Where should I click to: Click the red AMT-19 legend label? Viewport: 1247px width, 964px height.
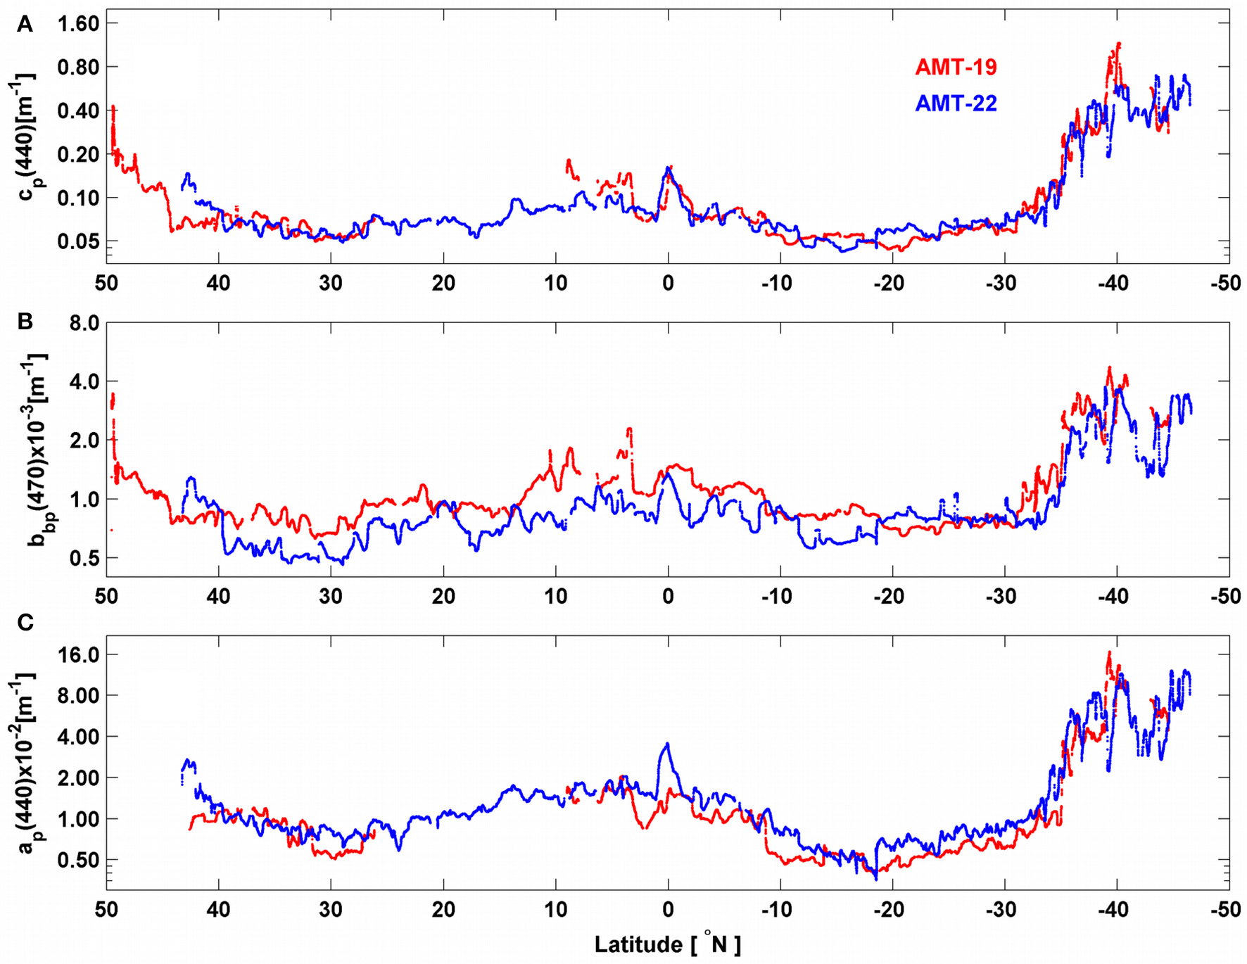tap(956, 68)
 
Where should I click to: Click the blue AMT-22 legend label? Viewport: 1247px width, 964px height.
tap(956, 104)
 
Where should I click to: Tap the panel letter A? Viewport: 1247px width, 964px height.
tap(25, 25)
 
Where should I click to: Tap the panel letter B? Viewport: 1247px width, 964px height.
tap(25, 322)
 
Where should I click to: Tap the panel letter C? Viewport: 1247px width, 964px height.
tap(25, 623)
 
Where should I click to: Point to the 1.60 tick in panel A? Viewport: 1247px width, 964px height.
tap(77, 24)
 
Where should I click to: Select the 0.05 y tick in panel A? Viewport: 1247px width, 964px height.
tap(77, 241)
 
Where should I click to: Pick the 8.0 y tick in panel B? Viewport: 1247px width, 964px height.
tap(82, 323)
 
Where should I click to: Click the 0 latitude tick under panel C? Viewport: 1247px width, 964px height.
tap(668, 910)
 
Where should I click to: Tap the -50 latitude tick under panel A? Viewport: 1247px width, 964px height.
tap(1225, 284)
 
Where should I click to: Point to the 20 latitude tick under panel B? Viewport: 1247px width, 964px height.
tap(443, 597)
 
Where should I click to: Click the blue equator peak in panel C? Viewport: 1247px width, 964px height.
tap(667, 744)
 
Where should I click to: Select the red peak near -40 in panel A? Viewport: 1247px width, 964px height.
tap(1118, 44)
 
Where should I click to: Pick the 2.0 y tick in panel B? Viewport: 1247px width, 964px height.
tap(82, 440)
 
